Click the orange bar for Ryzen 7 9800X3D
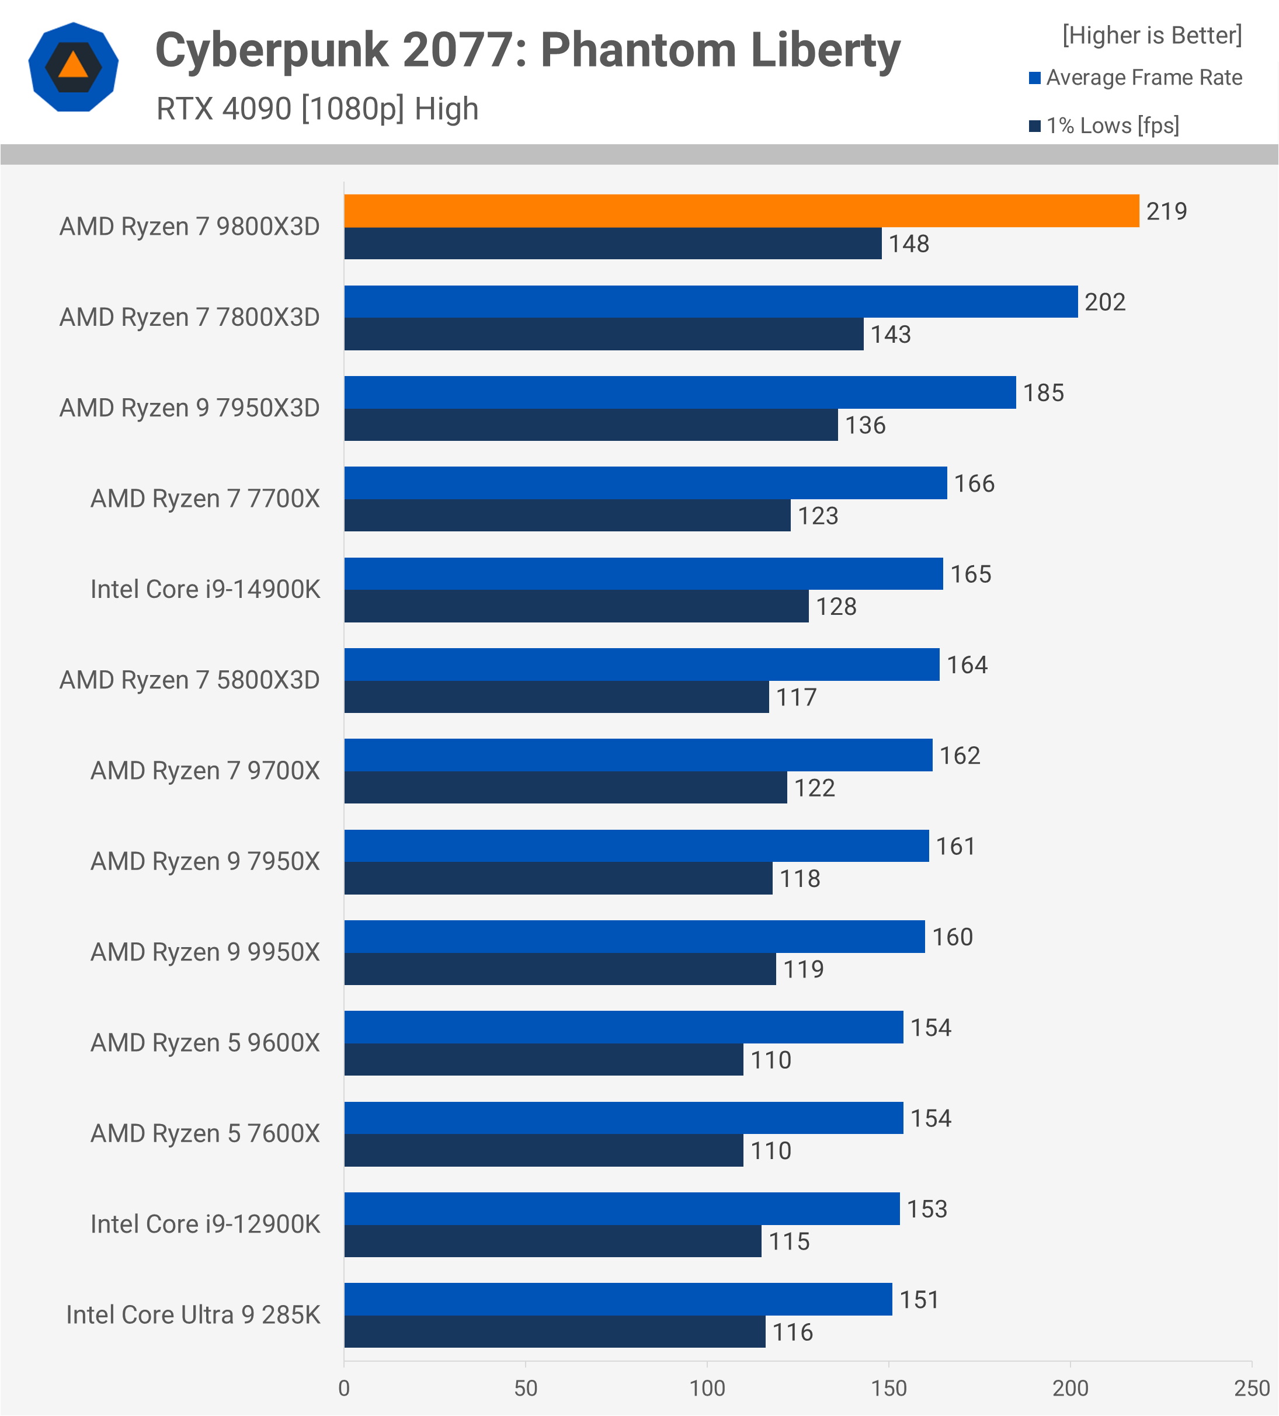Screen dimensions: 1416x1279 click(x=741, y=211)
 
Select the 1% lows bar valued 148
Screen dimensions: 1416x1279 click(x=613, y=243)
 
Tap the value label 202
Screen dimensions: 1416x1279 click(x=1105, y=302)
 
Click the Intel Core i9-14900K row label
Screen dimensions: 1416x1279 click(x=205, y=589)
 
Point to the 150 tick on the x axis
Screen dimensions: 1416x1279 click(x=888, y=1389)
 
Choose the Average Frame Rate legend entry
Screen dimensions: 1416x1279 click(x=1144, y=77)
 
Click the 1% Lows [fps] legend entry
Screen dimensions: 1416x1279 click(x=1112, y=126)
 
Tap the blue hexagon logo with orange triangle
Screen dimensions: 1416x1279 click(x=73, y=67)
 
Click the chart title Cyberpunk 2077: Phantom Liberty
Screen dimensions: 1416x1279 click(x=527, y=51)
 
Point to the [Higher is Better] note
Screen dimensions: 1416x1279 click(x=1152, y=35)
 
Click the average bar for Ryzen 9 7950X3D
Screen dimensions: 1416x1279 click(x=680, y=392)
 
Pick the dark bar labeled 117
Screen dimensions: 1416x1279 click(x=556, y=697)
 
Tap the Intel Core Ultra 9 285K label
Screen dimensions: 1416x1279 click(x=193, y=1315)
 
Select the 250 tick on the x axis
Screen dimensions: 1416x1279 click(x=1252, y=1389)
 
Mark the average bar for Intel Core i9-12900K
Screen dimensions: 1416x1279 click(x=621, y=1209)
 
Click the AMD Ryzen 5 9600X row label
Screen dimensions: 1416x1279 click(x=205, y=1043)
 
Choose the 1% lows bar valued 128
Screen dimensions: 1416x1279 click(x=576, y=606)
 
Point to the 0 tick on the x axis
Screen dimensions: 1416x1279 click(x=344, y=1389)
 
